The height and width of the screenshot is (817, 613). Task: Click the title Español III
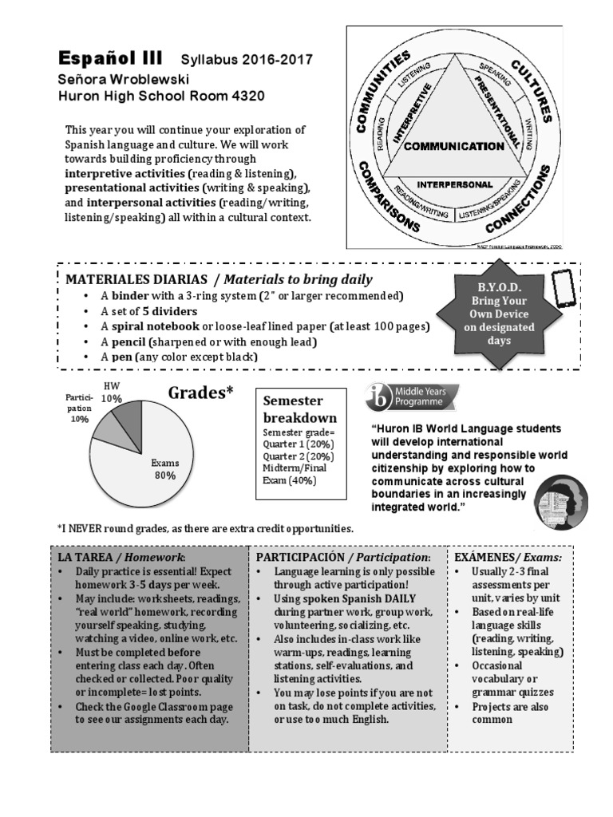point(109,59)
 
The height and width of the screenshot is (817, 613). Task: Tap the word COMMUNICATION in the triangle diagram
point(453,147)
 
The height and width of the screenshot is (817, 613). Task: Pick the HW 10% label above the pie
point(112,393)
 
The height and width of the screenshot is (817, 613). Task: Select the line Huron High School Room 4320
point(160,97)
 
